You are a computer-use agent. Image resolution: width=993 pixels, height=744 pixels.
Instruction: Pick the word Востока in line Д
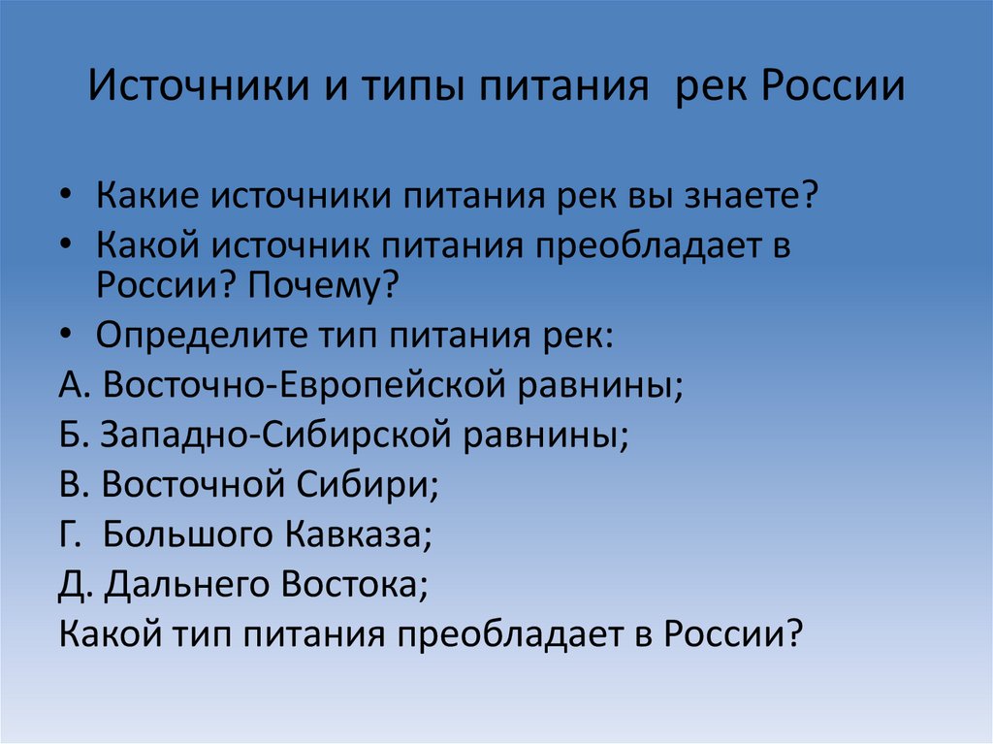pos(354,586)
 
